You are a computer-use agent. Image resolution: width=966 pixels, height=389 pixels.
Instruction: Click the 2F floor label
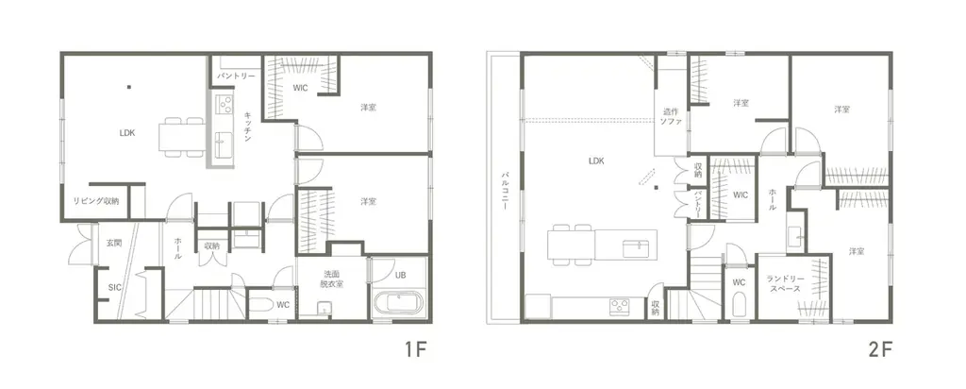tap(879, 350)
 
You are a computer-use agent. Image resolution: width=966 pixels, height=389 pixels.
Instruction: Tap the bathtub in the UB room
tap(399, 305)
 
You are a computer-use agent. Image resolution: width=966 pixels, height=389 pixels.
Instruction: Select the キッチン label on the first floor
tap(247, 126)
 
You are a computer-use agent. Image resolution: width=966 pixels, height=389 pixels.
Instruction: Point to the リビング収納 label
tap(97, 201)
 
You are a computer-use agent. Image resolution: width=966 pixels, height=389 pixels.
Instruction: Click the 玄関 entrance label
tap(113, 244)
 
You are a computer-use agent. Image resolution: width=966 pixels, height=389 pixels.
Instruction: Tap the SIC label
tap(115, 287)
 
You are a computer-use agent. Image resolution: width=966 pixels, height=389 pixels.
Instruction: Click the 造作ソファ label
tap(671, 116)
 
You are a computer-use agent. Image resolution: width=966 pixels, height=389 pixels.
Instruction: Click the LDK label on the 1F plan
tap(127, 133)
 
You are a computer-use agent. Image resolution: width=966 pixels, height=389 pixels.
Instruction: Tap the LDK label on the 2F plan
tap(595, 161)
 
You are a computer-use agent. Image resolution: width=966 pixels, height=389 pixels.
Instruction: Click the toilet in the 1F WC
tap(258, 307)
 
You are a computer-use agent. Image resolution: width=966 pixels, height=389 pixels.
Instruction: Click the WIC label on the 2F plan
tap(740, 195)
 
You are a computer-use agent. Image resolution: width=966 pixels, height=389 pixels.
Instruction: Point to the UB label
tap(400, 276)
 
